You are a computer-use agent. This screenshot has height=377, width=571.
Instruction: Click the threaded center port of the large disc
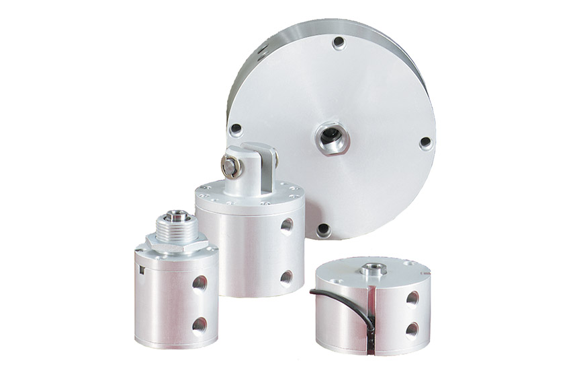coord(331,138)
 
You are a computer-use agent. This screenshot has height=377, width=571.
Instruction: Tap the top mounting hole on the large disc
coord(339,42)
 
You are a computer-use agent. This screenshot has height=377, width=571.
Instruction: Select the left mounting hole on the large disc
coord(236,129)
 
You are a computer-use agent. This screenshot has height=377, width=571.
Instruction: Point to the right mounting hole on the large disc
coord(425,143)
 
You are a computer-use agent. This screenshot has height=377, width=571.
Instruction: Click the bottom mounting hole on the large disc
coord(323,230)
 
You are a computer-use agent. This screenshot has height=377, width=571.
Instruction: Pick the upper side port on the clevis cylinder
coord(286,225)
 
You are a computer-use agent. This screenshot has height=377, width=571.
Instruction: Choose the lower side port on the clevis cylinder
coord(286,276)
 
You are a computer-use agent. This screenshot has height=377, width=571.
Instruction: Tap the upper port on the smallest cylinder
coord(200,282)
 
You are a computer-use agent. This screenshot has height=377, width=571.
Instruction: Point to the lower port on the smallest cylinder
coord(199,325)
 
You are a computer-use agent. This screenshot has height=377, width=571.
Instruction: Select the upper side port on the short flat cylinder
coord(412,297)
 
